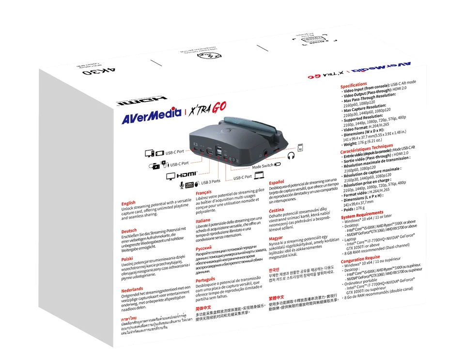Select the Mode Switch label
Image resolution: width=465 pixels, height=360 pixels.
click(263, 166)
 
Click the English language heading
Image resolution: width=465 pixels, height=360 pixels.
click(128, 203)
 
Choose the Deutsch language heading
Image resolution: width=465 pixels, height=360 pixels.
click(129, 231)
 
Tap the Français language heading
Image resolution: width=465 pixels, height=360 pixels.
click(203, 192)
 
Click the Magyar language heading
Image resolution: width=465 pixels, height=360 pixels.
click(276, 238)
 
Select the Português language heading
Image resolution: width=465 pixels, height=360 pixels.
click(205, 279)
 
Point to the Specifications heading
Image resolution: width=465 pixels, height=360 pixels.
click(354, 85)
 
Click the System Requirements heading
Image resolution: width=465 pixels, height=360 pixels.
click(362, 214)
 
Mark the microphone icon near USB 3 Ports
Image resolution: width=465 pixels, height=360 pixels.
click(182, 185)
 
